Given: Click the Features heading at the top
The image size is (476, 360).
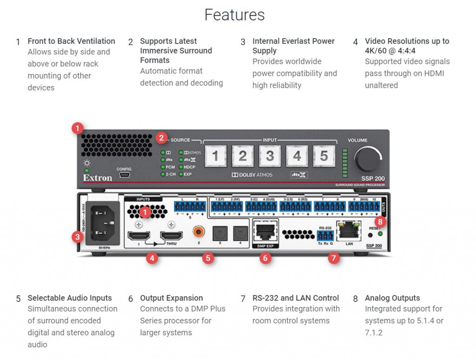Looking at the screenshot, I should tap(234, 15).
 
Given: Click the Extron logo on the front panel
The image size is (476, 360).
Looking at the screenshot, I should tap(98, 178).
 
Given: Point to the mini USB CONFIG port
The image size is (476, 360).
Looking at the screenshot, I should tap(124, 176).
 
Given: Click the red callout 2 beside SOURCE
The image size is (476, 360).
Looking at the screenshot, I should tap(161, 137).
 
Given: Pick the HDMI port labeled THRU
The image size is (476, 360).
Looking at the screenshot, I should tap(171, 235).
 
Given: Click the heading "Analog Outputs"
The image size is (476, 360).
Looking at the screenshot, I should tap(392, 298).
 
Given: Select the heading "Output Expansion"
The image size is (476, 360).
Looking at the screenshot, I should tap(172, 298).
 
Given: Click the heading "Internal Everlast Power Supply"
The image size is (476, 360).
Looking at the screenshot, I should tap(293, 46).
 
